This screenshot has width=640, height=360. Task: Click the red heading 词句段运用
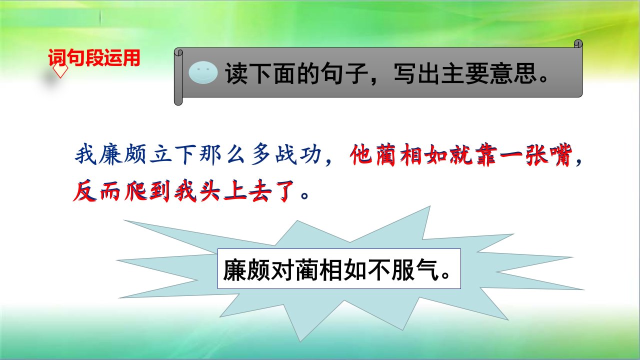(x=94, y=57)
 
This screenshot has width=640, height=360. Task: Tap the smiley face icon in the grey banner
(x=203, y=72)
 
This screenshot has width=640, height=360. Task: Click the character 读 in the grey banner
(x=236, y=73)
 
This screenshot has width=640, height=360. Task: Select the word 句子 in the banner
(x=344, y=73)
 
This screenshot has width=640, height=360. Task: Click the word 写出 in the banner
(x=417, y=73)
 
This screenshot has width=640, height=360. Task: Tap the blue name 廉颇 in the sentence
(x=123, y=154)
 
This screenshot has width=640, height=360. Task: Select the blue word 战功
(x=298, y=154)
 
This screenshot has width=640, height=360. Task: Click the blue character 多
(x=261, y=154)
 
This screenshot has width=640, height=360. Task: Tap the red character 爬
(x=135, y=191)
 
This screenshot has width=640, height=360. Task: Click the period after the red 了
(x=305, y=195)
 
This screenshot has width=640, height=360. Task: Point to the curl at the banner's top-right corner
(x=578, y=44)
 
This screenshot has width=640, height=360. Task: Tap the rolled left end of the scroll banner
(x=178, y=76)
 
